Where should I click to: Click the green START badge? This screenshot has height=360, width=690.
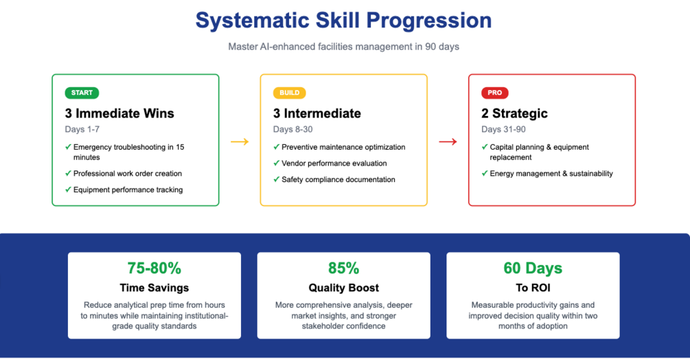(82, 93)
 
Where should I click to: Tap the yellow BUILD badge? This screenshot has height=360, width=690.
(290, 93)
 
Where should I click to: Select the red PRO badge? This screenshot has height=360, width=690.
(494, 93)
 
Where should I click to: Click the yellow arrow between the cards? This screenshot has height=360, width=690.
(240, 142)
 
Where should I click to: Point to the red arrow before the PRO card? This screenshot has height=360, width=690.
(448, 142)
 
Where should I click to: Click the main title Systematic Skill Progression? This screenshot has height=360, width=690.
(344, 20)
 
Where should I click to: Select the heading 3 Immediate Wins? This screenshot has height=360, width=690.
(119, 113)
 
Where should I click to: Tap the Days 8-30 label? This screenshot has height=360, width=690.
(292, 129)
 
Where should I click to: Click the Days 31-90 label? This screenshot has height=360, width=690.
(503, 129)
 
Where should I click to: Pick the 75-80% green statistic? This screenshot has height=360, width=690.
(154, 268)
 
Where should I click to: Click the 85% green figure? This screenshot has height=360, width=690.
(344, 268)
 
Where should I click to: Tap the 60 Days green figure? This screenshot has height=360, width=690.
(533, 268)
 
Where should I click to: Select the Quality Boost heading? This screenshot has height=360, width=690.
(344, 288)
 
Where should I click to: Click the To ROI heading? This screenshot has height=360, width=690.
(533, 288)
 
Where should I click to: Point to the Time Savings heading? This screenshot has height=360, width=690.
(154, 288)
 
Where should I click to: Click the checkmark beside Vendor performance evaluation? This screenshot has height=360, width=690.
(277, 164)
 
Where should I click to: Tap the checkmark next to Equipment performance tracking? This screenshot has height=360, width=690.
(68, 190)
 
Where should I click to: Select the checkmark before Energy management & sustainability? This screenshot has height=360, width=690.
(485, 173)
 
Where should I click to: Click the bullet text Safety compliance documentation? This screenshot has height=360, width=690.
(338, 179)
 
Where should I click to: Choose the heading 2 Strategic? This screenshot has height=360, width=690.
(514, 113)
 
